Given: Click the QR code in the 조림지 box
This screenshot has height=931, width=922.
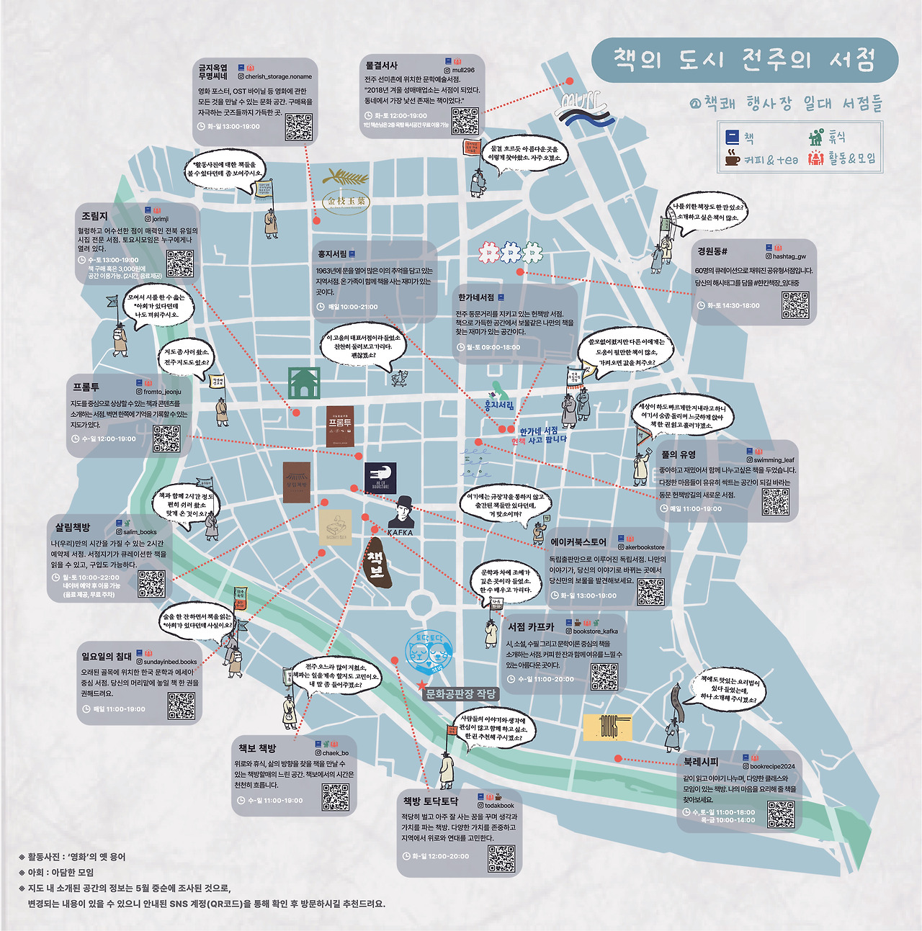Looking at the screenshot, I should click(180, 264).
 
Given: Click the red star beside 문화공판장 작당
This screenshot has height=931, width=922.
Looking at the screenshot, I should click(421, 685).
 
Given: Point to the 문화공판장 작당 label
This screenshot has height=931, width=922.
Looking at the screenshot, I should click(461, 694).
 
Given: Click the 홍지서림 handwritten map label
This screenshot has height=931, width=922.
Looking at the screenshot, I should click(498, 405).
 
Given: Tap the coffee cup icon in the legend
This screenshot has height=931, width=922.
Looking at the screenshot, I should click(732, 158).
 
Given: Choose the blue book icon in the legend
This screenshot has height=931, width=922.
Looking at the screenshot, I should click(732, 137).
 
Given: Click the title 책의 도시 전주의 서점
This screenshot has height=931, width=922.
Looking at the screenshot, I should click(744, 60).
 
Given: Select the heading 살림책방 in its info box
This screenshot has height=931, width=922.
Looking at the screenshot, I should click(73, 528).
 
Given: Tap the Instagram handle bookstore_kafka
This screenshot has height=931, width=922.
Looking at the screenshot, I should click(595, 631).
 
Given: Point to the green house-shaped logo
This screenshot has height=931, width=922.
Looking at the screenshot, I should click(303, 382).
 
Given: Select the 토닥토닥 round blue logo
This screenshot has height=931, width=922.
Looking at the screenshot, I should click(429, 652).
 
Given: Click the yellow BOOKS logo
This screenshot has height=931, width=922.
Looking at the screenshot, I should click(607, 728).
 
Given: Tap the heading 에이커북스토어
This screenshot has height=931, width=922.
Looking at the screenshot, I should click(578, 542).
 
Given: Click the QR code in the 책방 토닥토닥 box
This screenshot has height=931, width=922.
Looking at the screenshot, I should click(501, 858).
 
